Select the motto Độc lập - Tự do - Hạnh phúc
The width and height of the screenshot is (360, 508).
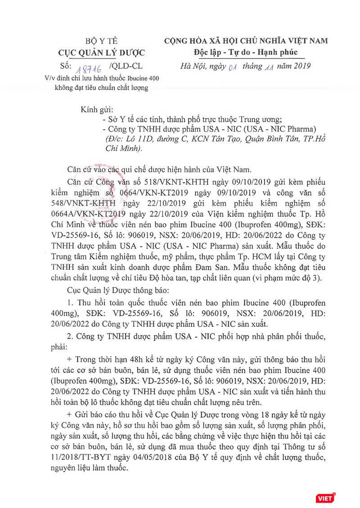tap(246, 52)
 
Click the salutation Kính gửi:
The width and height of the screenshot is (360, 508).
tap(97, 110)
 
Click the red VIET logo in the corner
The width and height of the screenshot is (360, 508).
tap(325, 497)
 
